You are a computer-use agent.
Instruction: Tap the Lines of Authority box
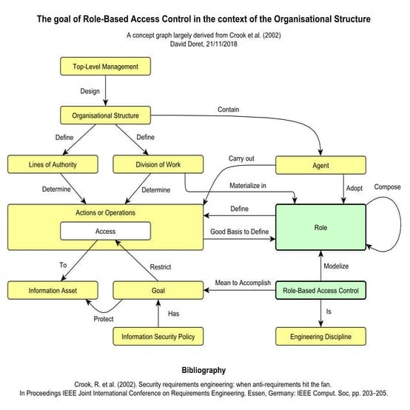[52, 164]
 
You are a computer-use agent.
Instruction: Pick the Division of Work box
[158, 164]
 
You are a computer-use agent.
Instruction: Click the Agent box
[320, 164]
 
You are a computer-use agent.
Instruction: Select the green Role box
[320, 228]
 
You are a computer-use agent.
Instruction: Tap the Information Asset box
[52, 290]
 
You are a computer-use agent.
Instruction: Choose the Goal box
[158, 290]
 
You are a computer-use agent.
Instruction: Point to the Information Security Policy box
[158, 337]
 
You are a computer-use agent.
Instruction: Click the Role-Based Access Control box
[320, 290]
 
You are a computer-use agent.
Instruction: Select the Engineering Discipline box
[320, 337]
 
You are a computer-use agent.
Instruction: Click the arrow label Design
[90, 91]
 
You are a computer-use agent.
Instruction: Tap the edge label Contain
[228, 110]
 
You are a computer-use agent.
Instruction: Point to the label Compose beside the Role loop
[387, 186]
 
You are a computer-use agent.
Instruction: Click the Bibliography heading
[204, 369]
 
